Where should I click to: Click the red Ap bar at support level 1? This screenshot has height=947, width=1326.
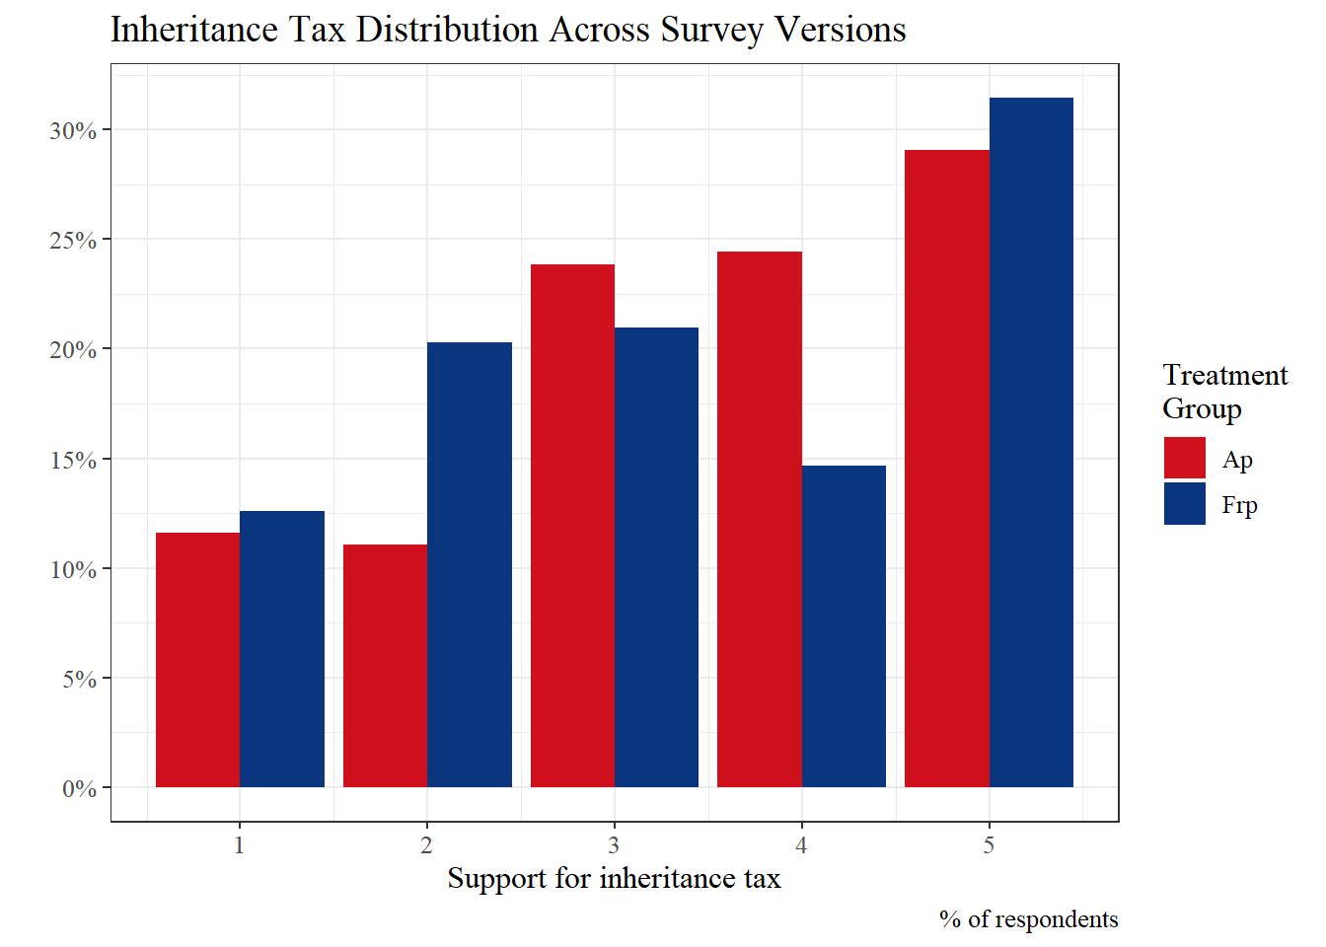point(197,660)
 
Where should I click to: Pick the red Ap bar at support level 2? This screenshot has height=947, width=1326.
point(385,666)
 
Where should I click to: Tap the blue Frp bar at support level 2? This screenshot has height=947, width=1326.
point(470,564)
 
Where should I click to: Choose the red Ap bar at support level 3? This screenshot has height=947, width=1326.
point(572,526)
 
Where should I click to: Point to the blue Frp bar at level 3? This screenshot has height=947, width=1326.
point(656,557)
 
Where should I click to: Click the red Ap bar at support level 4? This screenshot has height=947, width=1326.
point(759,519)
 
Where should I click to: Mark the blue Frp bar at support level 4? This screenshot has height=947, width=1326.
point(844,626)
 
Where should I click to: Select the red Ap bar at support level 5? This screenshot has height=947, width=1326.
point(946,469)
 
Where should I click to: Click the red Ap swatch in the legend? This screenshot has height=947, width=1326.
point(1184,458)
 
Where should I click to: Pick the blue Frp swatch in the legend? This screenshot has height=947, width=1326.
point(1184,503)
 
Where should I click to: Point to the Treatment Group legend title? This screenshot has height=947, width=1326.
point(1224,392)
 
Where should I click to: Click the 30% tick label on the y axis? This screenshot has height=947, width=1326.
point(74,130)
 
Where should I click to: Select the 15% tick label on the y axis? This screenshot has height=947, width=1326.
point(74,460)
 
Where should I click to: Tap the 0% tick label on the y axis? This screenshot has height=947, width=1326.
point(79,788)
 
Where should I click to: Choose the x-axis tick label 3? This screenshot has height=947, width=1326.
point(614,845)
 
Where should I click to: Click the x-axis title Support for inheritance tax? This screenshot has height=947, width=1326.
point(614,878)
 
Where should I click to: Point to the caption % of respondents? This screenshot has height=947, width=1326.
point(1028,919)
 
